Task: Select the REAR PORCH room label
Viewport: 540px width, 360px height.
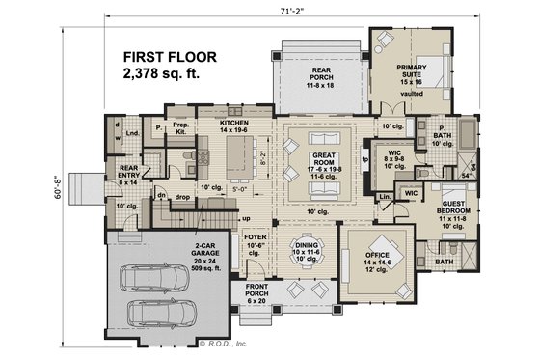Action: pos(321,76)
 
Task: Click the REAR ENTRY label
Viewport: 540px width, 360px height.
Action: pos(129,173)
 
